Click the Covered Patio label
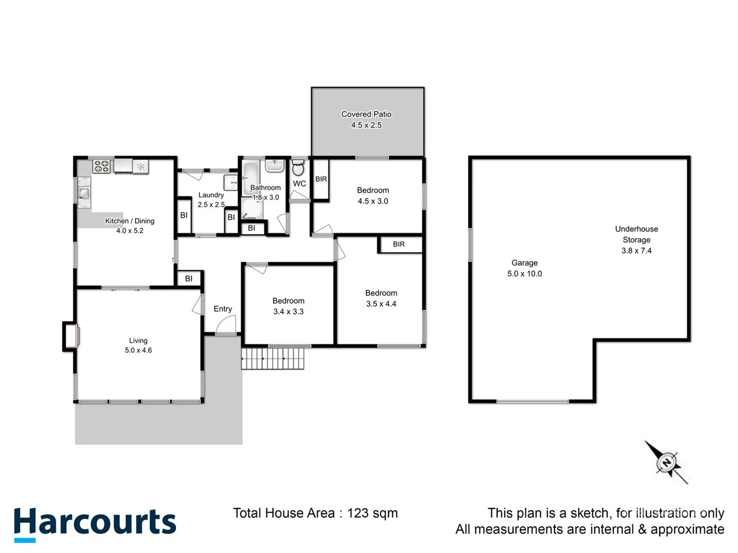pos(366,114)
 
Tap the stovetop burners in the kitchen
pos(101,166)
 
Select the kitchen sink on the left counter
pos(84,194)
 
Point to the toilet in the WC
pos(298,167)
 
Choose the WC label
pos(299,183)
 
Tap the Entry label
pos(222,309)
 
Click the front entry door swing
pos(226,326)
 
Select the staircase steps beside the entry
pos(273,358)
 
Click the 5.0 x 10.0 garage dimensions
pos(524,273)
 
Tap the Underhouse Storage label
pos(637,234)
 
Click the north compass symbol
pos(667,463)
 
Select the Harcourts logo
pos(95,523)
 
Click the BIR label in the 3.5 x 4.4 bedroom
pos(399,244)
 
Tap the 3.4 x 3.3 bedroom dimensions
pos(288,311)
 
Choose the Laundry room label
pos(211,195)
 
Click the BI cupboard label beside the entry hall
pos(189,279)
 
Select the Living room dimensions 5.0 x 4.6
pos(138,350)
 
